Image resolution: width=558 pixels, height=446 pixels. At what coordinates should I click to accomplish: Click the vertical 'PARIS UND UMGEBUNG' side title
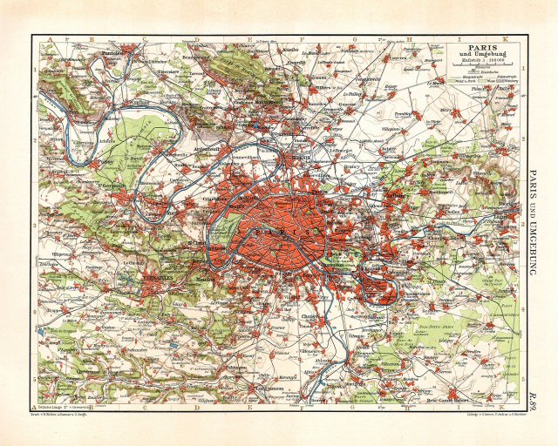533,222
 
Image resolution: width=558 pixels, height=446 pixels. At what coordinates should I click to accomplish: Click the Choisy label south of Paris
310,315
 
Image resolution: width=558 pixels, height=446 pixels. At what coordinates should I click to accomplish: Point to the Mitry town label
453,111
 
